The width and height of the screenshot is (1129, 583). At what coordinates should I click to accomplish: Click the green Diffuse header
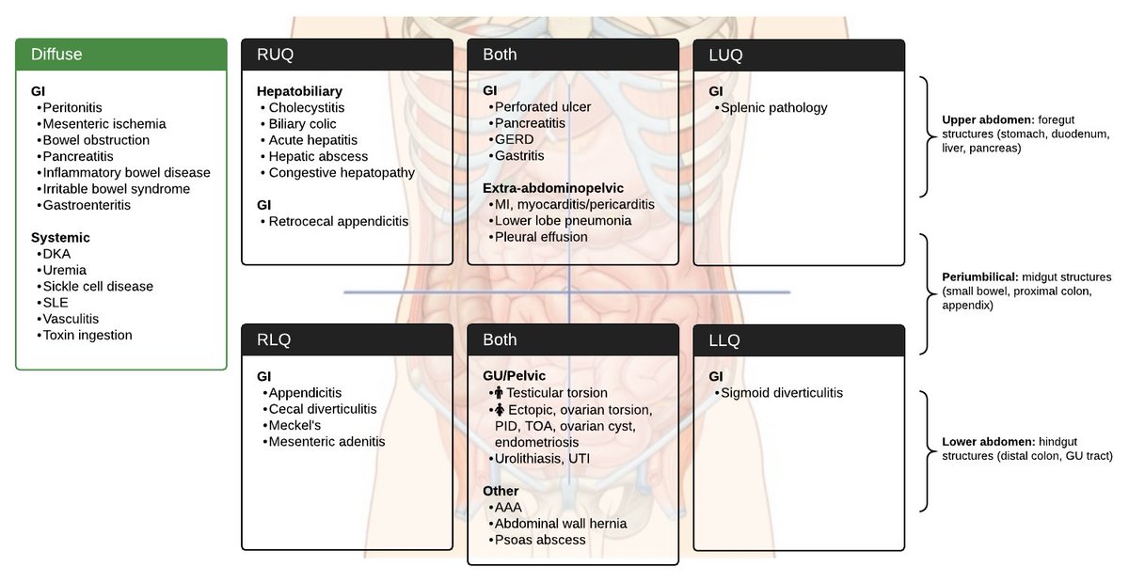121,55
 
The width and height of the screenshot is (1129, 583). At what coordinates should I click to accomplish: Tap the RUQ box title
276,55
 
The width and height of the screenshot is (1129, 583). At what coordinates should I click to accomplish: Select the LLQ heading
724,339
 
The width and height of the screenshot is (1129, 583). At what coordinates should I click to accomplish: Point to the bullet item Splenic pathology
773,108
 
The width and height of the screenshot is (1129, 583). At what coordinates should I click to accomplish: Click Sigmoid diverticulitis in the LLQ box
781,393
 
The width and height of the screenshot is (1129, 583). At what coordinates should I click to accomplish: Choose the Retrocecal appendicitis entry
339,222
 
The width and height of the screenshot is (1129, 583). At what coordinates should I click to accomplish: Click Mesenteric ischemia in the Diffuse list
104,124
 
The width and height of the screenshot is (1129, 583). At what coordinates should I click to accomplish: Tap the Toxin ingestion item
87,336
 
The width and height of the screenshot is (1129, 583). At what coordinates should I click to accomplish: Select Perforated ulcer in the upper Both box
543,107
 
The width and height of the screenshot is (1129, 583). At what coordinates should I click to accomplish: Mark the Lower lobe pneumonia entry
563,221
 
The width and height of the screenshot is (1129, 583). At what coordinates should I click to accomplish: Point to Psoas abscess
540,540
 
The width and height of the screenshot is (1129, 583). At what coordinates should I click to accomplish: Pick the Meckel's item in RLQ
295,425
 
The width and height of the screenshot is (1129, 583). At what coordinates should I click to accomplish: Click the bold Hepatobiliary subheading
299,91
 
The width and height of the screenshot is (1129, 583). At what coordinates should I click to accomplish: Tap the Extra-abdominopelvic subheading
553,188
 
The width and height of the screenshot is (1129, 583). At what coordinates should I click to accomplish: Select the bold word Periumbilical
979,277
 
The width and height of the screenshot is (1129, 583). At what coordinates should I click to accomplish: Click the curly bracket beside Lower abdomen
927,449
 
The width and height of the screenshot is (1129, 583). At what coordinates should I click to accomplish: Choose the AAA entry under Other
508,508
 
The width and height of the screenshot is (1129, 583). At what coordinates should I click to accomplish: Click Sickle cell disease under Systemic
98,287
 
